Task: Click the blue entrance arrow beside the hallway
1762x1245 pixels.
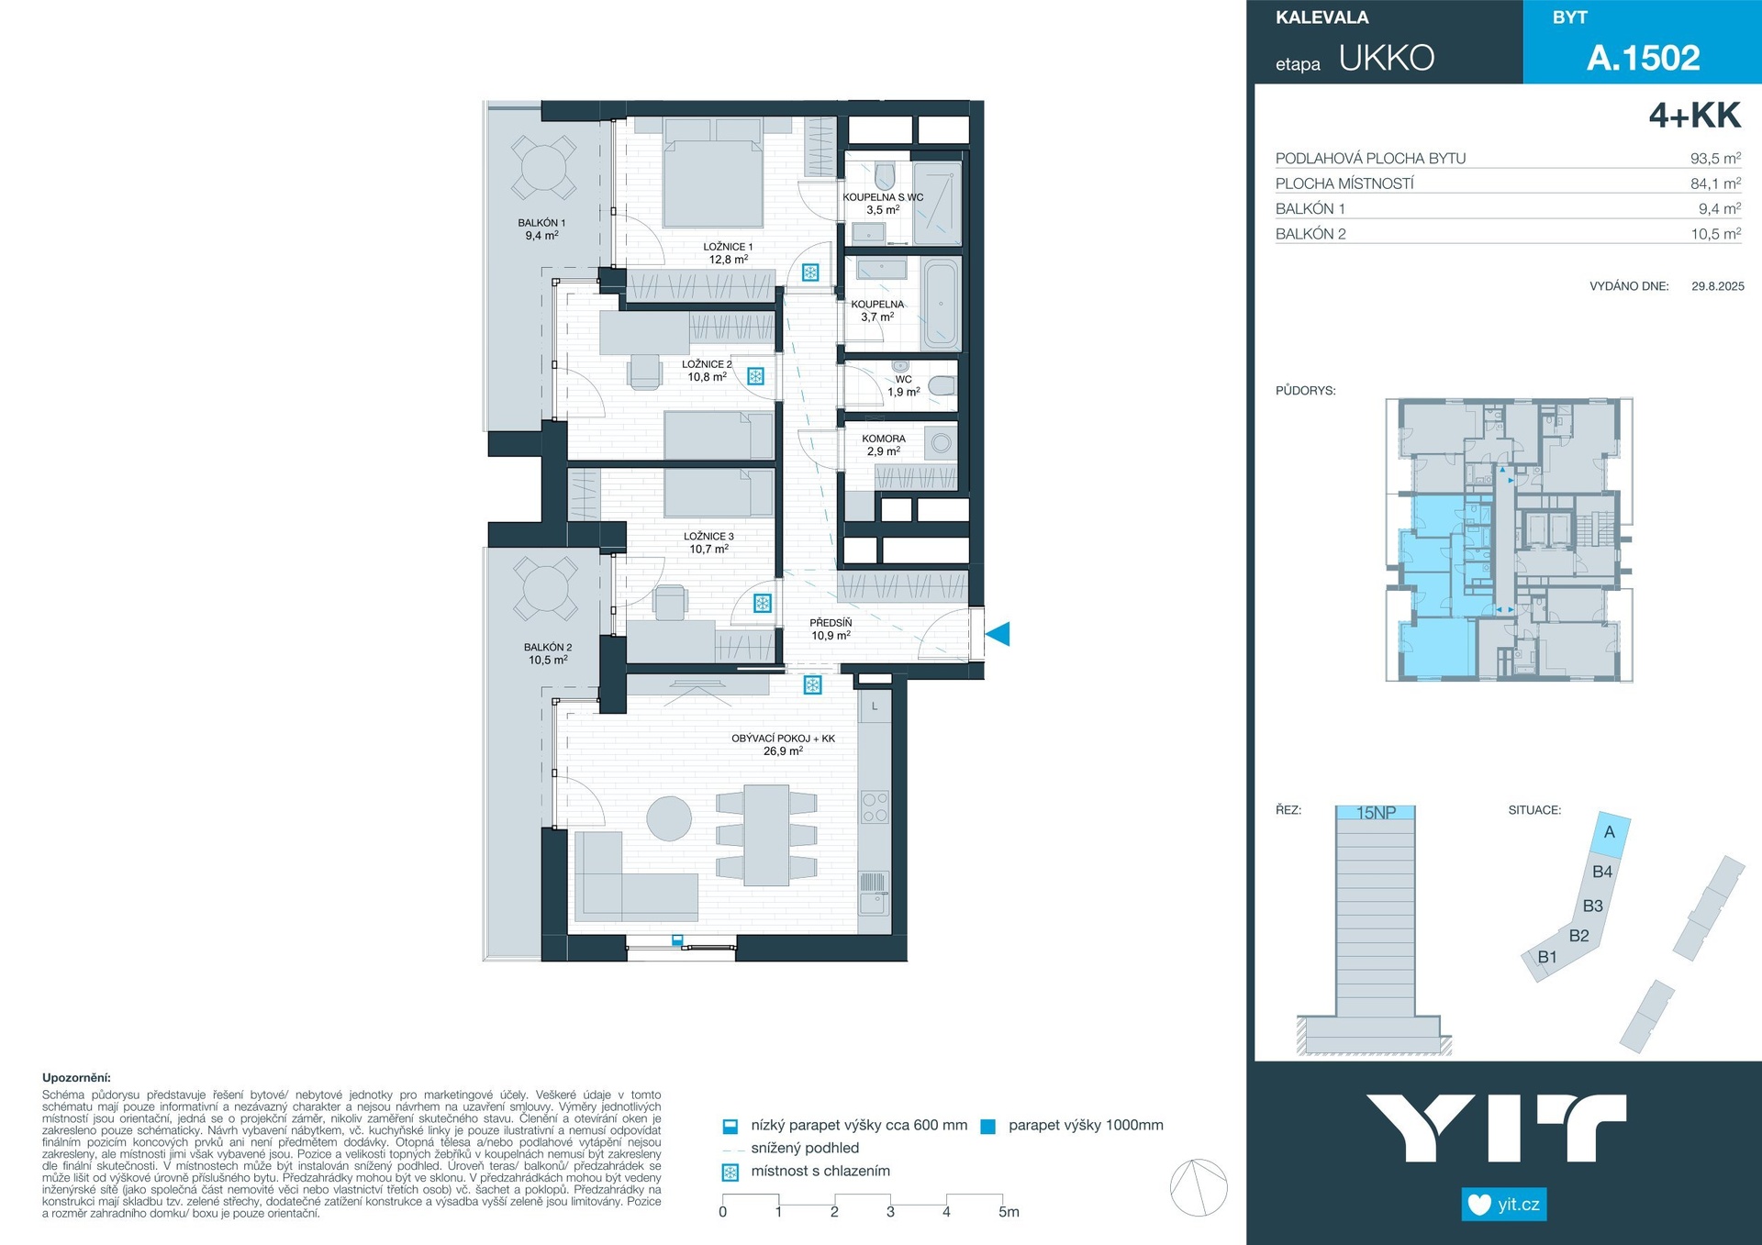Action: (998, 633)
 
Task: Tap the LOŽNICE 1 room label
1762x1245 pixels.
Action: (728, 247)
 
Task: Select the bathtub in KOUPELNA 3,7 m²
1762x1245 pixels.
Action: (941, 305)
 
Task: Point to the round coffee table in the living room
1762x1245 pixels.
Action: (669, 818)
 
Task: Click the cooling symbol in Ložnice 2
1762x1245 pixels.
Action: (755, 376)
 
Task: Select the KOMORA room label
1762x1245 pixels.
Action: (884, 439)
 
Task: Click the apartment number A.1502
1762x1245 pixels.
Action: (1643, 58)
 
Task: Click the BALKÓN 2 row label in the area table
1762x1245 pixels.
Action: (1310, 234)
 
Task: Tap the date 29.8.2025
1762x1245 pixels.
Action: (1717, 286)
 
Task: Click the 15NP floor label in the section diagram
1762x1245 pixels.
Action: (1376, 813)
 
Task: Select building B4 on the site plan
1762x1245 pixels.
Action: (1602, 872)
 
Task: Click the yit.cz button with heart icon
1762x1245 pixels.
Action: (1504, 1204)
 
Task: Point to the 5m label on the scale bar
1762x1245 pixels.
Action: (1009, 1212)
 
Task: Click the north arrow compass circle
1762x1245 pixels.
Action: (1199, 1188)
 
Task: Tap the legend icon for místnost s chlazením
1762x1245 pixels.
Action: (730, 1173)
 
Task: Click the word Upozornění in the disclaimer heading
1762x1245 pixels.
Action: (76, 1078)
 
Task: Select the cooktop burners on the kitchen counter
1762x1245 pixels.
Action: (875, 807)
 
